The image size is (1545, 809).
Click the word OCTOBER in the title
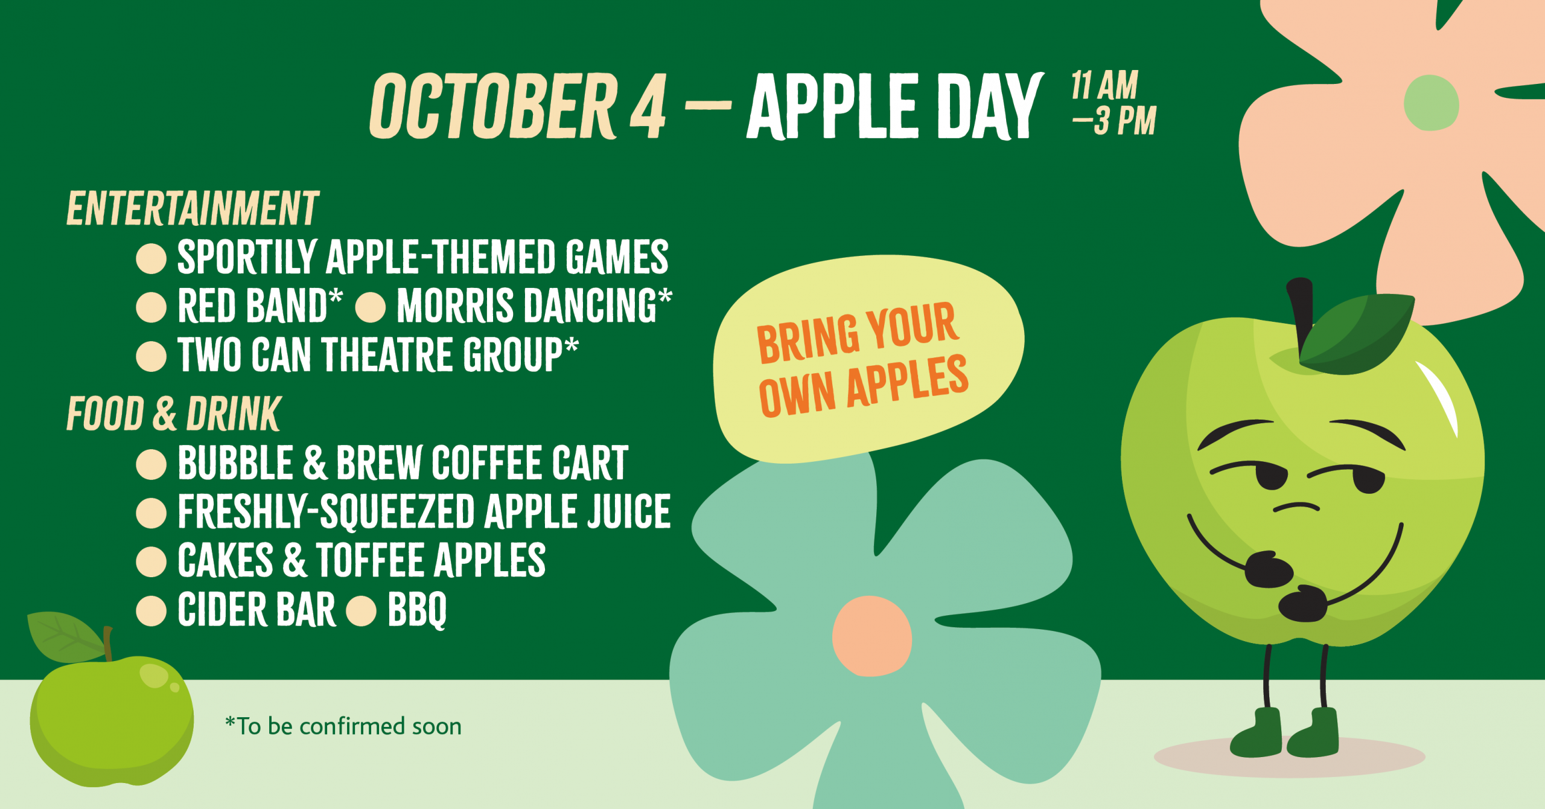pos(494,106)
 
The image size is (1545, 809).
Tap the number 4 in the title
pos(648,107)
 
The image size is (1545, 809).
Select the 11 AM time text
pos(1104,85)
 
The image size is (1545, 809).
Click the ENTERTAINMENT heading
pos(193,209)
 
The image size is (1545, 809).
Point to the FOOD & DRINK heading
pos(174,414)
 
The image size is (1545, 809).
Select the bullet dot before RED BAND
pos(151,307)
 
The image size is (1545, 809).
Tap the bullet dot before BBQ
pos(362,610)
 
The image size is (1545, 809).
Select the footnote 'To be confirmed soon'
pos(343,726)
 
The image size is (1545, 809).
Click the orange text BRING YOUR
pos(857,333)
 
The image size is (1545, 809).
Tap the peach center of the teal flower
pos(871,636)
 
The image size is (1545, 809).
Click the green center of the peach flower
pos(1431,103)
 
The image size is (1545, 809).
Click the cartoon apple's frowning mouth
pos(1296,507)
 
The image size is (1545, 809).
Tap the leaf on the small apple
pos(63,637)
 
